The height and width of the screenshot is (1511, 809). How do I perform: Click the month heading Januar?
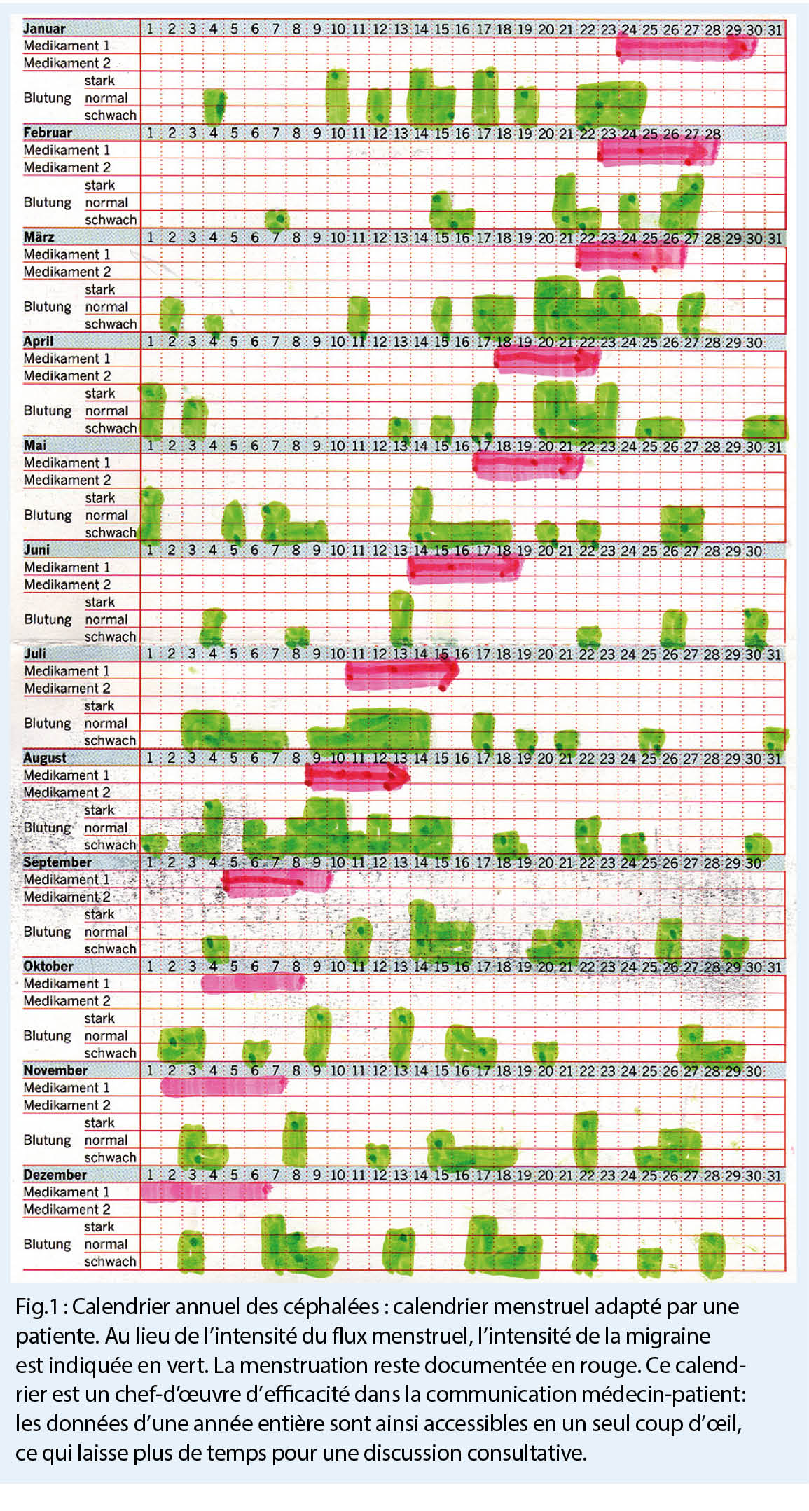pyautogui.click(x=44, y=29)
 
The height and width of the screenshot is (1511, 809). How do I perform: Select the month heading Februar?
pyautogui.click(x=47, y=132)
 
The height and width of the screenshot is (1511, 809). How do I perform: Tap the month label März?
pyautogui.click(x=39, y=237)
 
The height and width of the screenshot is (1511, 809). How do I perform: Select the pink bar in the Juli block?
pyautogui.click(x=401, y=673)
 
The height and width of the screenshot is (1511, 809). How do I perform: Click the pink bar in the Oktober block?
pyautogui.click(x=252, y=983)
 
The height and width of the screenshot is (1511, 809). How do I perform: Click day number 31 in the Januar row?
pyautogui.click(x=774, y=29)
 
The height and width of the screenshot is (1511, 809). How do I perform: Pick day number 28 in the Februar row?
pyautogui.click(x=712, y=134)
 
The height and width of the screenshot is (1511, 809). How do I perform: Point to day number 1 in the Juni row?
pyautogui.click(x=150, y=551)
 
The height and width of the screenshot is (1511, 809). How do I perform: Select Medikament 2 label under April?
pyautogui.click(x=67, y=376)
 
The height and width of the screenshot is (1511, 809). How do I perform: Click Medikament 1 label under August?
pyautogui.click(x=66, y=775)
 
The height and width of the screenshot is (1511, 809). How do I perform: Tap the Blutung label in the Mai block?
pyautogui.click(x=47, y=516)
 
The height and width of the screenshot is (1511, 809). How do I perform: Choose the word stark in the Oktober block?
pyautogui.click(x=99, y=1019)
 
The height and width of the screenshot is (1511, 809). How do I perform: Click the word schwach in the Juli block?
pyautogui.click(x=110, y=741)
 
